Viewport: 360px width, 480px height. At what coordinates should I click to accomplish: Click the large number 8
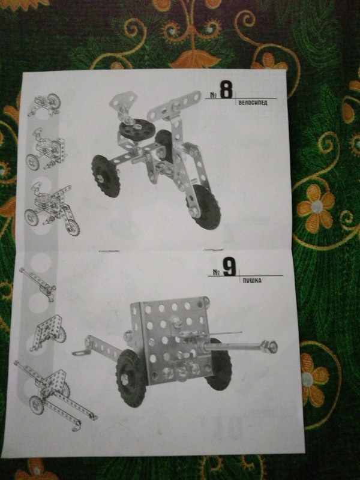(226, 89)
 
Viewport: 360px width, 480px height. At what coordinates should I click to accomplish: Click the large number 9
(229, 267)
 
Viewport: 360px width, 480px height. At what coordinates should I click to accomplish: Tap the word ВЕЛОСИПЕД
(253, 103)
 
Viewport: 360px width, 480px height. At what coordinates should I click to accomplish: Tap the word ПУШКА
(252, 280)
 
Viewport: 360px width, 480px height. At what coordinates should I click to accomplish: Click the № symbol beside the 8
(214, 95)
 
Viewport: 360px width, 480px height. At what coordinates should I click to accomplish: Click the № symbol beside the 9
(217, 272)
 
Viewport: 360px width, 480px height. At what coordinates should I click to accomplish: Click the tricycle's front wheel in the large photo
(204, 206)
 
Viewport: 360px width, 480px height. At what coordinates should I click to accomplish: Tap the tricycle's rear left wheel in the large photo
(106, 176)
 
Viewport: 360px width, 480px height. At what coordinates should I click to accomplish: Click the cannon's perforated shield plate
(171, 339)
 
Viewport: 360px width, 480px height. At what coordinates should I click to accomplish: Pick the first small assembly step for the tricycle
(44, 104)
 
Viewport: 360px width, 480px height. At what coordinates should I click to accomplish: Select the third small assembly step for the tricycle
(52, 209)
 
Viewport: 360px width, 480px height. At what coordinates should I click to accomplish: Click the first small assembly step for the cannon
(38, 284)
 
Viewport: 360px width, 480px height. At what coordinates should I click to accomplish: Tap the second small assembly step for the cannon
(48, 333)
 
